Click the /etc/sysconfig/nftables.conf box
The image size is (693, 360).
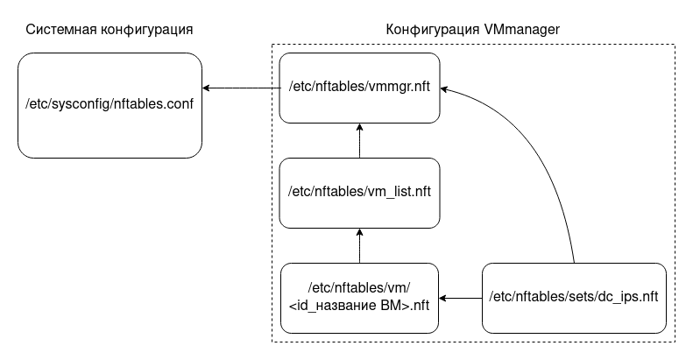(110, 105)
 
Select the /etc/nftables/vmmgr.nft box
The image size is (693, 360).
(359, 88)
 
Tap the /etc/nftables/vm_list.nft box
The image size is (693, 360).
(359, 193)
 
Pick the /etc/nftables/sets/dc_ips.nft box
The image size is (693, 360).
(573, 298)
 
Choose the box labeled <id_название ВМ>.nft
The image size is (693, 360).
(359, 298)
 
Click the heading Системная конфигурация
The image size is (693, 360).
(110, 30)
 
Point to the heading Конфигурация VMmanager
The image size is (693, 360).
(473, 30)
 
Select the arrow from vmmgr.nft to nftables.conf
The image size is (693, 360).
(241, 88)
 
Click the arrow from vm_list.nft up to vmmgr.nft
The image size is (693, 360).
(359, 140)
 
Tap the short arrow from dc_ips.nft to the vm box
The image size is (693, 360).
(461, 298)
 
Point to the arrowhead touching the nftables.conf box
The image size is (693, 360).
(208, 88)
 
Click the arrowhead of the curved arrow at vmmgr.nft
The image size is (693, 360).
(444, 88)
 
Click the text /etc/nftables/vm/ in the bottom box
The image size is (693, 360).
(359, 289)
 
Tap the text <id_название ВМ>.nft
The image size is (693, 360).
(359, 306)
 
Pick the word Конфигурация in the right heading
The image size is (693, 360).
(433, 30)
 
